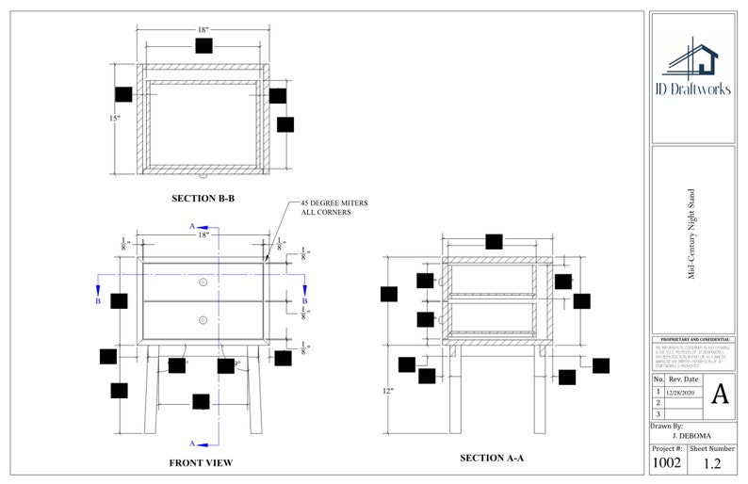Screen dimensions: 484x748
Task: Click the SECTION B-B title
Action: (x=203, y=199)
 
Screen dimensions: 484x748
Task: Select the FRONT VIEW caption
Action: (x=201, y=462)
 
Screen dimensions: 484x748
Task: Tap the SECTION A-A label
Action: (x=491, y=458)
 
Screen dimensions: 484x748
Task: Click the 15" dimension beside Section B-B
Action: (x=114, y=119)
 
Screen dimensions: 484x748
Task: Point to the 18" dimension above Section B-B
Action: (x=203, y=30)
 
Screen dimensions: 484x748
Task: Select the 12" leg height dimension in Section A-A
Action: (x=388, y=390)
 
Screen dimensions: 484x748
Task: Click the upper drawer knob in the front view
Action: (x=203, y=282)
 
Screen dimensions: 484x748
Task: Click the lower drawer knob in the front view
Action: (x=203, y=320)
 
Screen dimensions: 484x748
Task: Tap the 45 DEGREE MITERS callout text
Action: (x=333, y=208)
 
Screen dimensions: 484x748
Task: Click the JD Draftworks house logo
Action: (x=692, y=56)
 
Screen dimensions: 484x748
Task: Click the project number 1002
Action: (x=667, y=462)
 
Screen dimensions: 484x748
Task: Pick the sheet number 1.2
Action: (x=713, y=462)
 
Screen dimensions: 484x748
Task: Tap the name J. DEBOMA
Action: (x=691, y=437)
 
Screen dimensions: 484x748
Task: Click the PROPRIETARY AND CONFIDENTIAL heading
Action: (x=692, y=339)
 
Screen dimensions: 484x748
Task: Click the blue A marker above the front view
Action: (x=193, y=227)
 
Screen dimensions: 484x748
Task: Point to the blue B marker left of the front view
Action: (x=99, y=301)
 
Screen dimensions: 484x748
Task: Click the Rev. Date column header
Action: (x=683, y=379)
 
